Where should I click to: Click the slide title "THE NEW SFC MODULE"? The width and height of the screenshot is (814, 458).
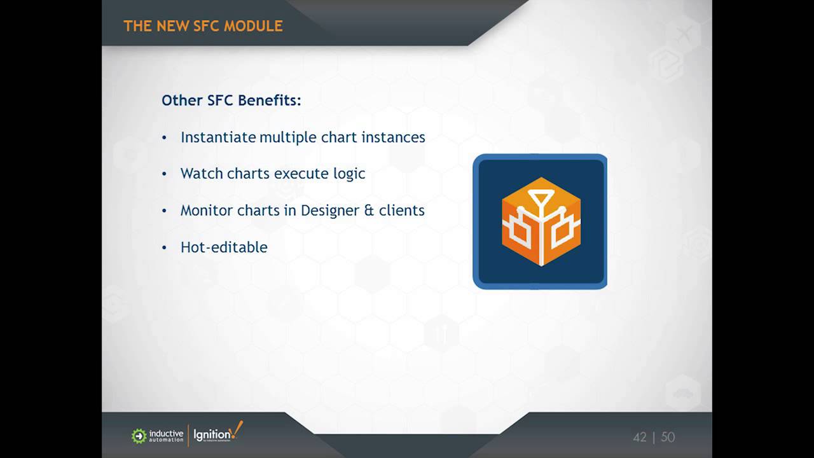pos(203,26)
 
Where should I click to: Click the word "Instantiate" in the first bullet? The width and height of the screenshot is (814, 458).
pos(218,137)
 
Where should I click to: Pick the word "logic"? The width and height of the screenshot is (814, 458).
pos(349,174)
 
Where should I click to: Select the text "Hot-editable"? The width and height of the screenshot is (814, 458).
pos(224,247)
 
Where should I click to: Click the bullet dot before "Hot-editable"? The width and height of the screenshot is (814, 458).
pos(165,247)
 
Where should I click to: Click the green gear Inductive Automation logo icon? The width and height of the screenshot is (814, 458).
pos(139,436)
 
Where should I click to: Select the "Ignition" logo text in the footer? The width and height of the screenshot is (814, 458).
pos(210,435)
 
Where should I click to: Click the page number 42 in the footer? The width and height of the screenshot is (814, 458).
pos(640,437)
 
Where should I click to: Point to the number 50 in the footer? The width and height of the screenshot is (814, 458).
pos(668,437)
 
